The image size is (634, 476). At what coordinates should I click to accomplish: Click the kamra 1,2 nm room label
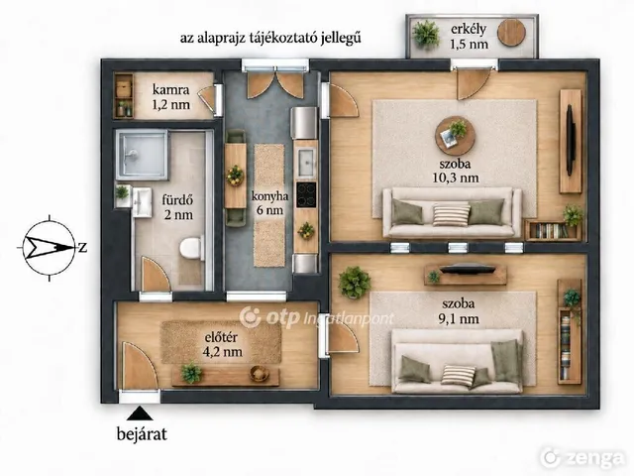point(170,97)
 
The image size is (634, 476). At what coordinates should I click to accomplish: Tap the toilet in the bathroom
point(190,248)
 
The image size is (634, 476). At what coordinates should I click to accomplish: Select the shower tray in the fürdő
point(142,155)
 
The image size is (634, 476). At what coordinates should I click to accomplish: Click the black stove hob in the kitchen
point(306,194)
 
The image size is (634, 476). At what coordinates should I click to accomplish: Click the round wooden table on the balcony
point(511,32)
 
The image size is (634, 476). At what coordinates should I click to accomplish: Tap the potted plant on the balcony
point(427,34)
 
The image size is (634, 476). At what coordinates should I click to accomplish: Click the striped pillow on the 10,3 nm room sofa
point(452,215)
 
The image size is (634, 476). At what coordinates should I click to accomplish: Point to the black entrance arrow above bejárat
point(141,414)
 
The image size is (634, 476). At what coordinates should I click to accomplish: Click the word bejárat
point(142,434)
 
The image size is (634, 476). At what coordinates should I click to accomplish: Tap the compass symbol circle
point(50,248)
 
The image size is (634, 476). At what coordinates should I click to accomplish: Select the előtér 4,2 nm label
point(223,344)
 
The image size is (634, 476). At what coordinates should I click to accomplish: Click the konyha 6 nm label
point(269,203)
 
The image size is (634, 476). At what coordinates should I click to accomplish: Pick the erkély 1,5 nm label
point(469,36)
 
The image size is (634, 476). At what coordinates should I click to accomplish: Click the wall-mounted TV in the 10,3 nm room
point(571,140)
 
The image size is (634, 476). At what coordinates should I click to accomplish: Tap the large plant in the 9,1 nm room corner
point(355,282)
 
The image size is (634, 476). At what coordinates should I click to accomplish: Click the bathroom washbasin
point(141,202)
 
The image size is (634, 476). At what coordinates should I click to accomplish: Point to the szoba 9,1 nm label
point(459,310)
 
